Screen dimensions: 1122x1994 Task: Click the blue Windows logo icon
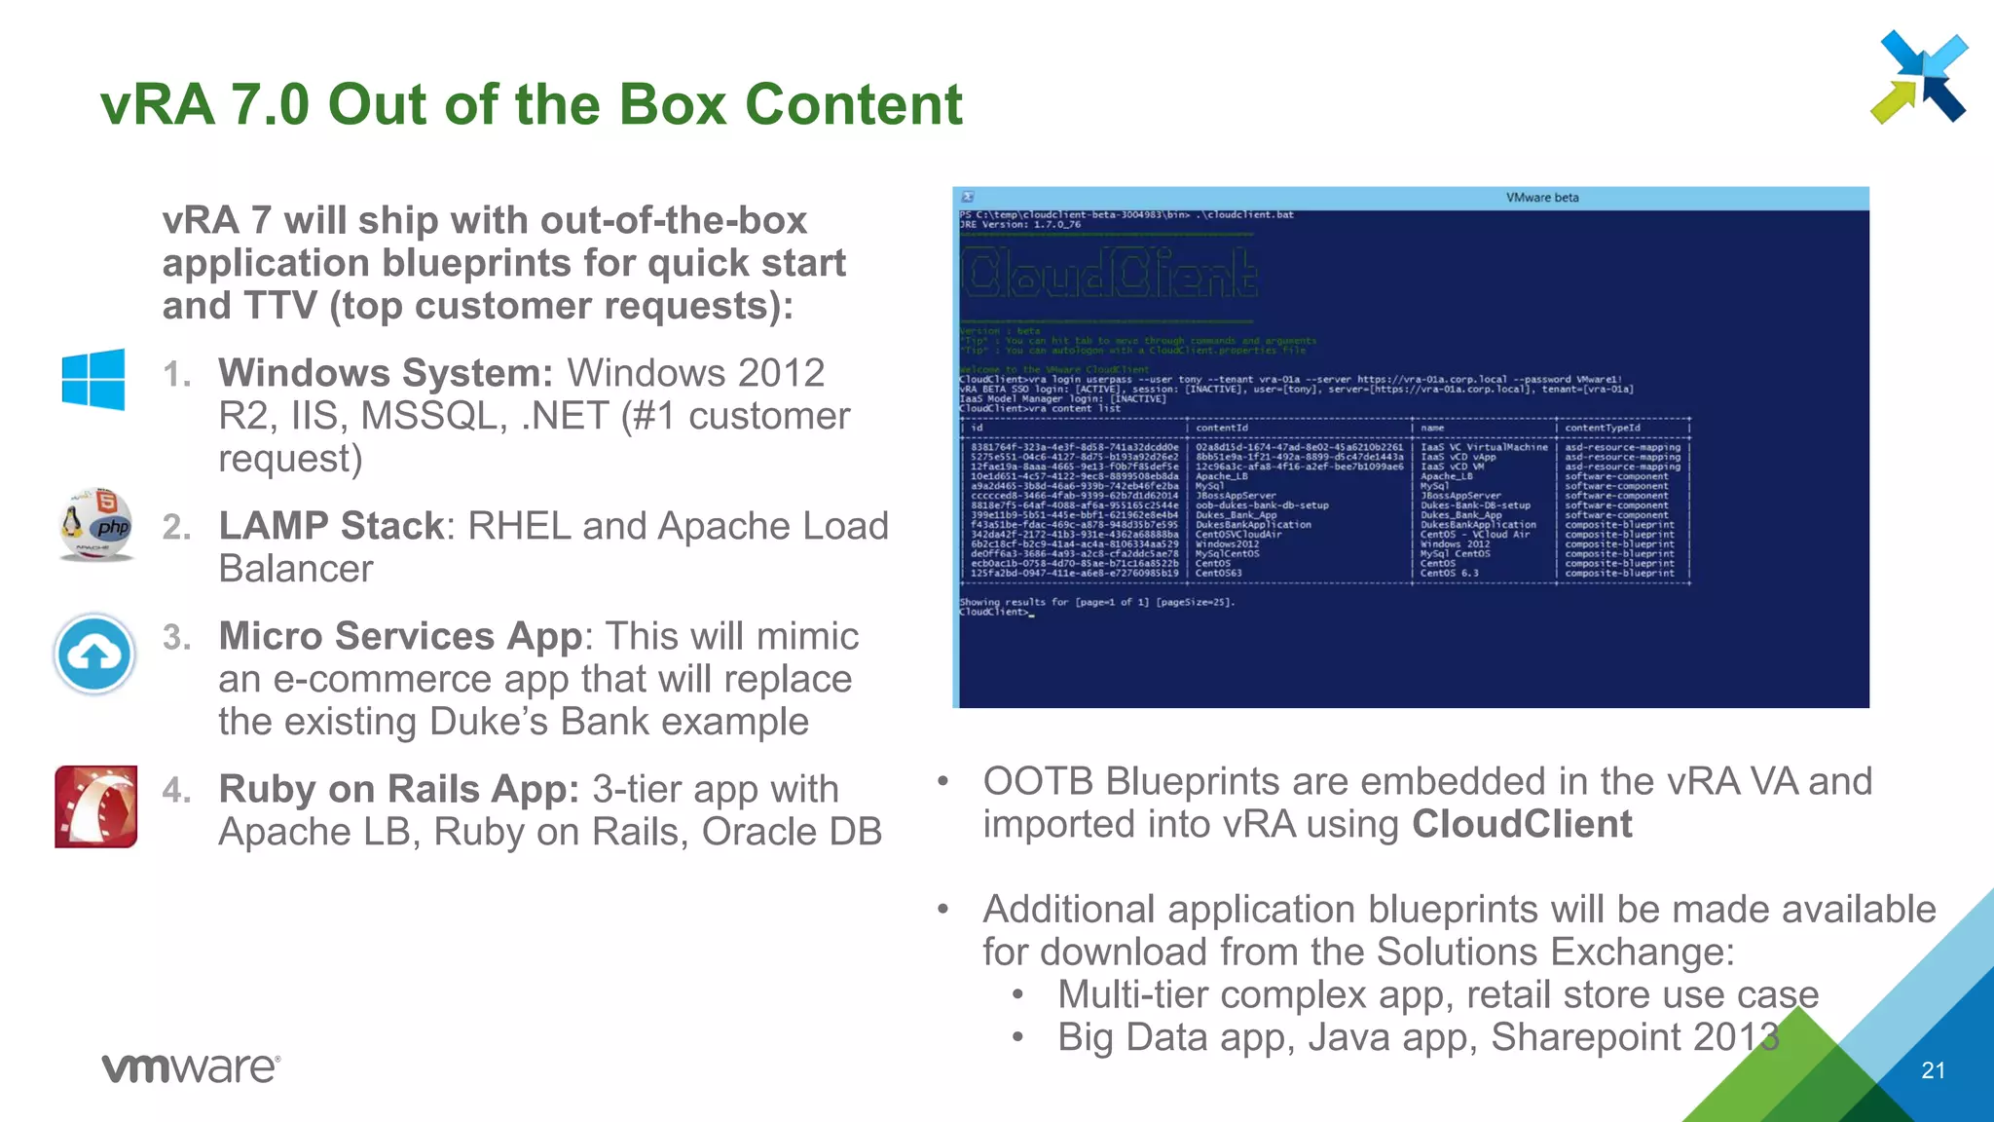(93, 379)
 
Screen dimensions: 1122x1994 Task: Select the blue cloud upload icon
(94, 654)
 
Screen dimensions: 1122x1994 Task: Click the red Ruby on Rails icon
(95, 806)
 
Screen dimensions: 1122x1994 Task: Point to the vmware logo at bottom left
(191, 1067)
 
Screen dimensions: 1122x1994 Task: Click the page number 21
(1933, 1070)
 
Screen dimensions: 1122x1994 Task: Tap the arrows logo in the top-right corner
(1919, 77)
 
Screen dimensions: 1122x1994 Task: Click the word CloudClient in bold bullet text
(1522, 825)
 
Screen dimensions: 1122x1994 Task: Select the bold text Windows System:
(386, 373)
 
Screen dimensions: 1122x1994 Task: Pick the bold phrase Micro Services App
(399, 636)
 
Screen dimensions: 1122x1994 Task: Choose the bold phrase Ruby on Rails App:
(399, 789)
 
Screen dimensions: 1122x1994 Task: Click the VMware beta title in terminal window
(1542, 198)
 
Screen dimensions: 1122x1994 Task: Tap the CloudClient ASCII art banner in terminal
(1109, 274)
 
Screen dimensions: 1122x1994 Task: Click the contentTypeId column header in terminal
(1602, 428)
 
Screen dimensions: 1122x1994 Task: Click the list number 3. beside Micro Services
(177, 637)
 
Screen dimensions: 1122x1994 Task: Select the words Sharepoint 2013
(1635, 1037)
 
